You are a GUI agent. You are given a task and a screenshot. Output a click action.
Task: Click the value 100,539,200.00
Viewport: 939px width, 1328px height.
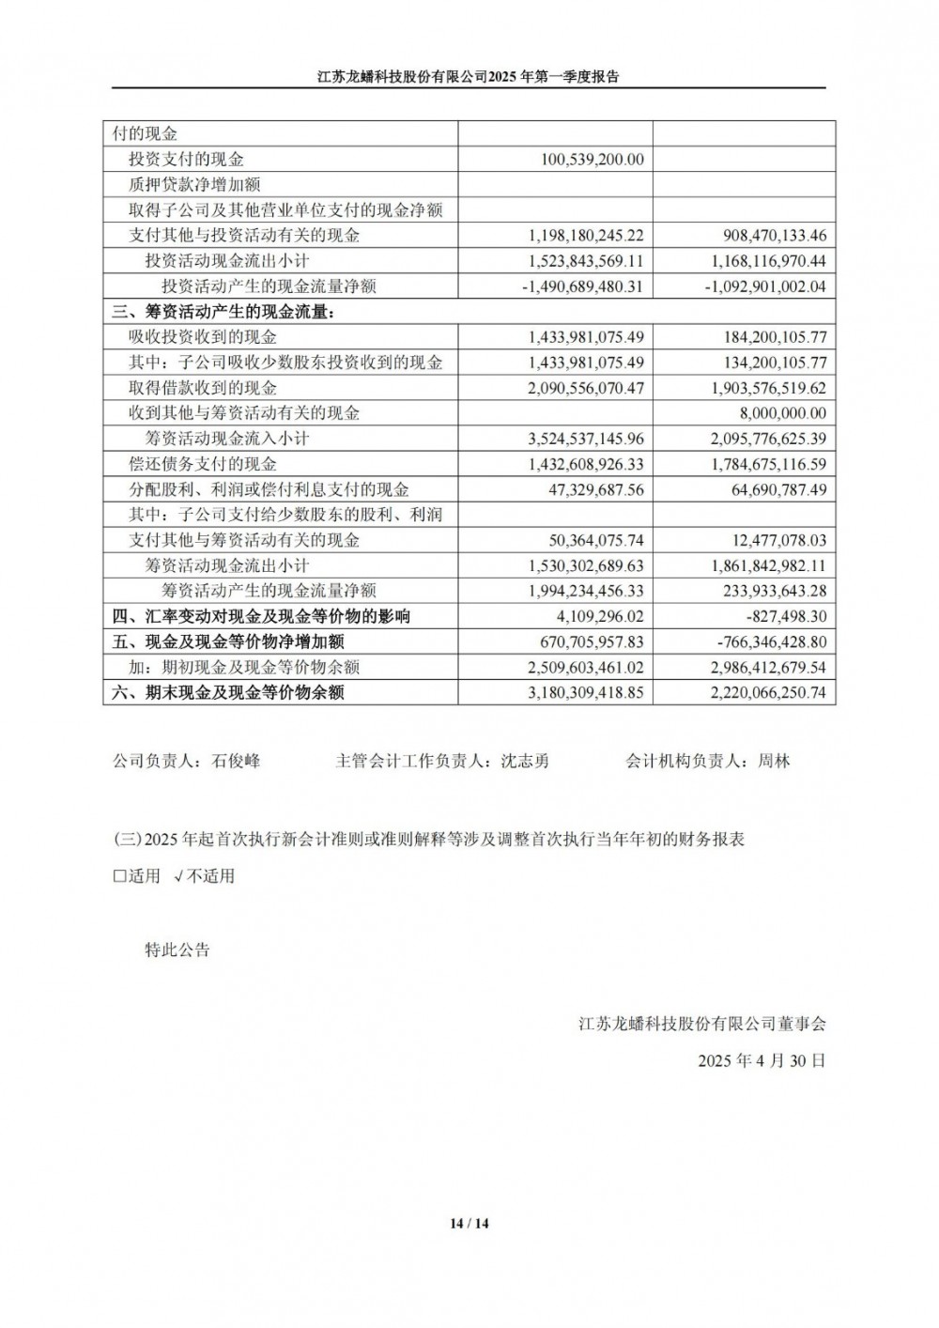click(x=593, y=160)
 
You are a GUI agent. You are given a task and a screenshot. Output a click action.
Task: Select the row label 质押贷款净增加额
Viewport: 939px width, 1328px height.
click(x=194, y=185)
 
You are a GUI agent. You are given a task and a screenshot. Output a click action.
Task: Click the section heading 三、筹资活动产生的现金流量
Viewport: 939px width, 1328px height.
click(x=223, y=312)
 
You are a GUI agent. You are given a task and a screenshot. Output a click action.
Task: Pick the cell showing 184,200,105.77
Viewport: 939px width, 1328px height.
click(x=768, y=337)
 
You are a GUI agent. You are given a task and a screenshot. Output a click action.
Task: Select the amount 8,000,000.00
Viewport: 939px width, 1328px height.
click(x=781, y=413)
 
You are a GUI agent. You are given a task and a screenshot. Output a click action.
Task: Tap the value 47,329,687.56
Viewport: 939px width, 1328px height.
click(x=592, y=489)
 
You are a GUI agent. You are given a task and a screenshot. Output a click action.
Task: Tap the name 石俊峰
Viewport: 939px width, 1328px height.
click(x=237, y=762)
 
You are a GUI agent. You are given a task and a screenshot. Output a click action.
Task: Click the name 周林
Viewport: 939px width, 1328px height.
click(x=775, y=762)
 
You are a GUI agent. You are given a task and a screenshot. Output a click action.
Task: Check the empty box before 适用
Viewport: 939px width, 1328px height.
click(x=119, y=877)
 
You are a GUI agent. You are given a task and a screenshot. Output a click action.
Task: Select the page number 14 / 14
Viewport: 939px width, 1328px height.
click(x=469, y=1224)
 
